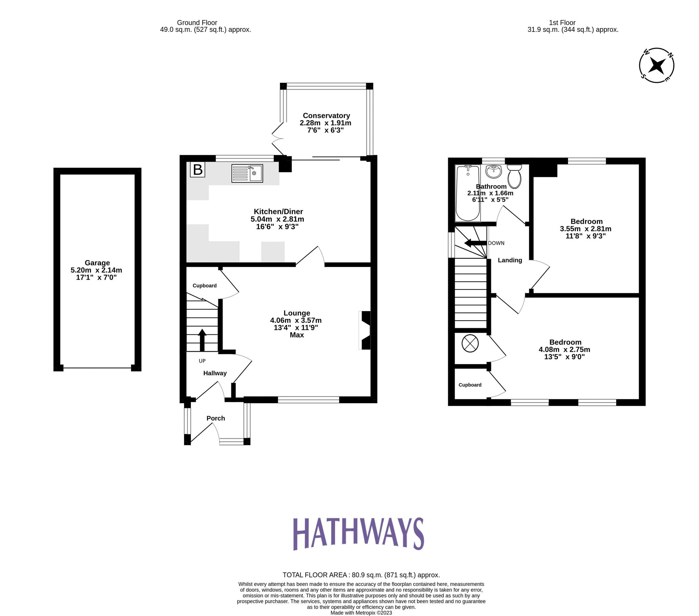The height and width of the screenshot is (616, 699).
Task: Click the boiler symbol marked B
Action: coord(197,170)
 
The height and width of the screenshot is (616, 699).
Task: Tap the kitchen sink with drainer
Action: coord(247,173)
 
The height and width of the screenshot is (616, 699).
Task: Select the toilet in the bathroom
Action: coord(514,176)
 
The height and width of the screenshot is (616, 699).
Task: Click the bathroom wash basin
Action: coord(493,171)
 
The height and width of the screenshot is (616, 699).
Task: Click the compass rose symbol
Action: coord(656,65)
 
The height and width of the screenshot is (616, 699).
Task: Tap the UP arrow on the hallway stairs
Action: coord(202,339)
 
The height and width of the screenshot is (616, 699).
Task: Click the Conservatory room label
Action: coord(326,116)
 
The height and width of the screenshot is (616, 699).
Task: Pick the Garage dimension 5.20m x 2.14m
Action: coord(96,270)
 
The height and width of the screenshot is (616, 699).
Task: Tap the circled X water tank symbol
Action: coord(470,343)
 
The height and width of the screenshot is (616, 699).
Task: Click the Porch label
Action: coord(216,418)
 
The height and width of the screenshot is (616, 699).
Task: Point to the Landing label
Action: coord(509,260)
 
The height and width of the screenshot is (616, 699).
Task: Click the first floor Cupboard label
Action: coord(470,385)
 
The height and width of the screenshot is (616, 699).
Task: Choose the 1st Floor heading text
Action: coord(562,23)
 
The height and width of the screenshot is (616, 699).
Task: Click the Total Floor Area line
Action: coord(361,575)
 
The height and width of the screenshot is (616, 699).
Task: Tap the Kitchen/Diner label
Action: coord(278,211)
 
